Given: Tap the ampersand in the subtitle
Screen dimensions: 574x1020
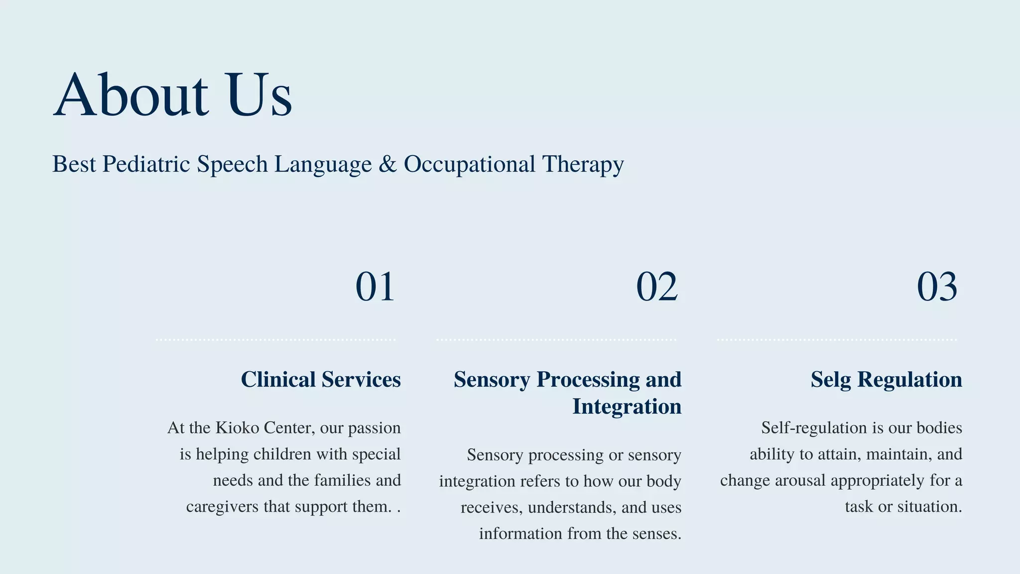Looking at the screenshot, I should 387,164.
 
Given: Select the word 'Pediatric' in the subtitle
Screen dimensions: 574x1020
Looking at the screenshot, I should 146,164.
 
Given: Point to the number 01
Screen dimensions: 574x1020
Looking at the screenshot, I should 375,287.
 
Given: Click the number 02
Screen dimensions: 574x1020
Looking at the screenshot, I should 656,287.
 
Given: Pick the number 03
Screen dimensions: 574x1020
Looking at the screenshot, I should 937,287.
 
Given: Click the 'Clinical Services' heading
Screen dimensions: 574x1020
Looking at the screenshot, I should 321,380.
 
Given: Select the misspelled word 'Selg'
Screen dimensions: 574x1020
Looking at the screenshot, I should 831,380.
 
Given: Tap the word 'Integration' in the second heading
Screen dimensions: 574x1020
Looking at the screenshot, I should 627,407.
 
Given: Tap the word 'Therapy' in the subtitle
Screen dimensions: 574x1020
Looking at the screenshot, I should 583,164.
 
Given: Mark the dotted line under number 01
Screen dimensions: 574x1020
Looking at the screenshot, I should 275,340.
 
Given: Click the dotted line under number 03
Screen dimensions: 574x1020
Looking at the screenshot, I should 837,340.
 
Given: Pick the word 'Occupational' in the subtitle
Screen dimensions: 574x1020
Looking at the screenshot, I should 469,164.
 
